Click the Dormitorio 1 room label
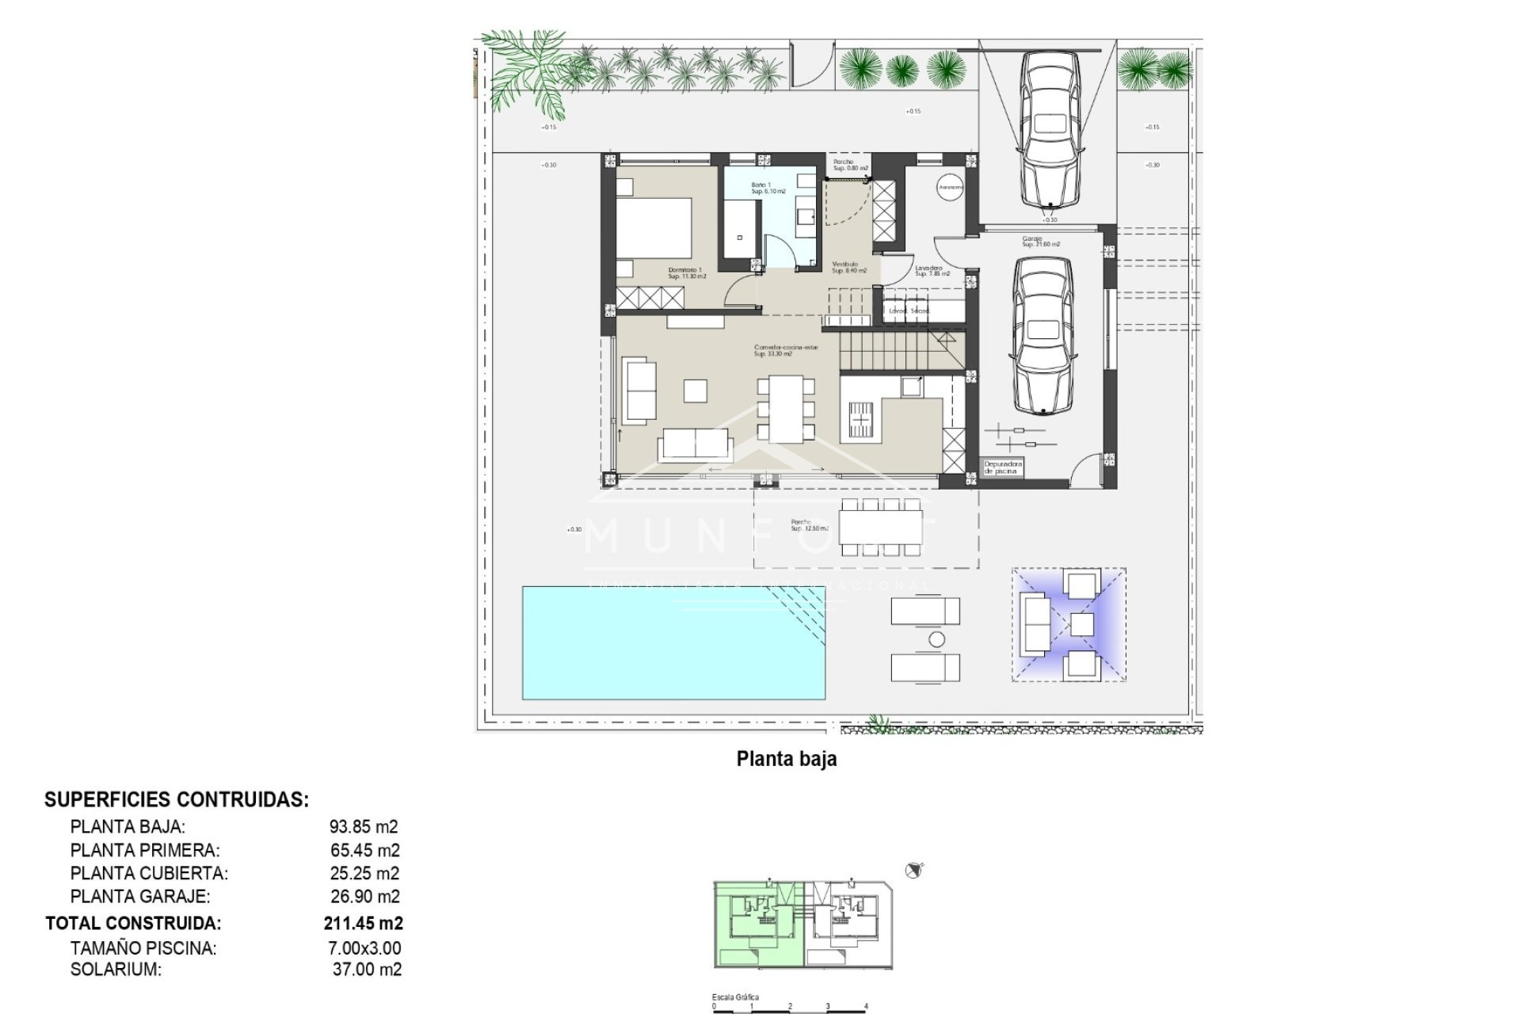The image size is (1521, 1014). (x=686, y=273)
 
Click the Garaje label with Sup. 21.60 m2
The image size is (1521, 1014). (x=1040, y=242)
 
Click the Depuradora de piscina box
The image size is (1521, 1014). (x=1003, y=468)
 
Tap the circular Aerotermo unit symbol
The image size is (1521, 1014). (x=950, y=188)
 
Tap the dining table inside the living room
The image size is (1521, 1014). (x=786, y=409)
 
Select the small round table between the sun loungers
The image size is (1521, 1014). (x=936, y=639)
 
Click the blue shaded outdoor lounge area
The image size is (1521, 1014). (x=1069, y=624)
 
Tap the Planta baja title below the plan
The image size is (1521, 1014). (x=786, y=759)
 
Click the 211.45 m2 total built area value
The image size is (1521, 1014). (x=363, y=923)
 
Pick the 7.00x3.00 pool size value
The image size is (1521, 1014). (x=365, y=947)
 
